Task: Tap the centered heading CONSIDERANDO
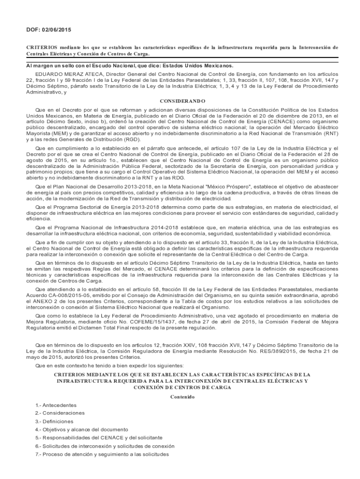(180, 101)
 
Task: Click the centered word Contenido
(180, 397)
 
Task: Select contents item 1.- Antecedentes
(56, 405)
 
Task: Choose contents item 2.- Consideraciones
(60, 413)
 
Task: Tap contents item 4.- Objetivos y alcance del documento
(82, 429)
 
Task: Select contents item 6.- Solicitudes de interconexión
(105, 446)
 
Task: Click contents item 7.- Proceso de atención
(102, 454)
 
